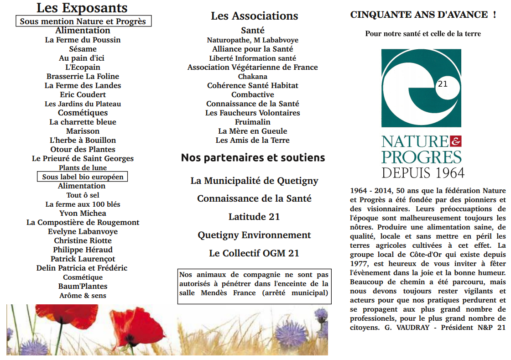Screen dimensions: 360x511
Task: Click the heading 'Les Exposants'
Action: (82, 8)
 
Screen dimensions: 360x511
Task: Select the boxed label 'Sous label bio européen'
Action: (83, 177)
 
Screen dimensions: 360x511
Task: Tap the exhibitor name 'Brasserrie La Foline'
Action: (83, 76)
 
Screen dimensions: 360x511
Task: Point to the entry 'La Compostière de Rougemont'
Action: (83, 222)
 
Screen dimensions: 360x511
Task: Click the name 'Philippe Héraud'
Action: (83, 250)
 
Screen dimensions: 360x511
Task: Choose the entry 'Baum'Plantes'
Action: (83, 286)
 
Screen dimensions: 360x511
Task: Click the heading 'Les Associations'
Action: (254, 16)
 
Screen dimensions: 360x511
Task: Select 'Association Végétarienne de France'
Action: (252, 67)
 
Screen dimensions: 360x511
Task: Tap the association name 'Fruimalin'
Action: (252, 122)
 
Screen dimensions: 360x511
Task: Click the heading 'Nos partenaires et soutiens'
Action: (253, 158)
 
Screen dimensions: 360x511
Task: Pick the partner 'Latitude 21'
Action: (254, 217)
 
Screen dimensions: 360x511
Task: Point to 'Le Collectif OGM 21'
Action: (254, 253)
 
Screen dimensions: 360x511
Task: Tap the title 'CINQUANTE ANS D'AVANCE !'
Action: (422, 15)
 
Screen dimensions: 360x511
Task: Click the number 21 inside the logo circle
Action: (442, 84)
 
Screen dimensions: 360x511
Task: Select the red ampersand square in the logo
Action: (455, 141)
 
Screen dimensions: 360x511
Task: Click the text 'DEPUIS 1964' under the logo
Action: (422, 173)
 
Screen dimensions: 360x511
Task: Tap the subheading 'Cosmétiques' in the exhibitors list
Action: (83, 113)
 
